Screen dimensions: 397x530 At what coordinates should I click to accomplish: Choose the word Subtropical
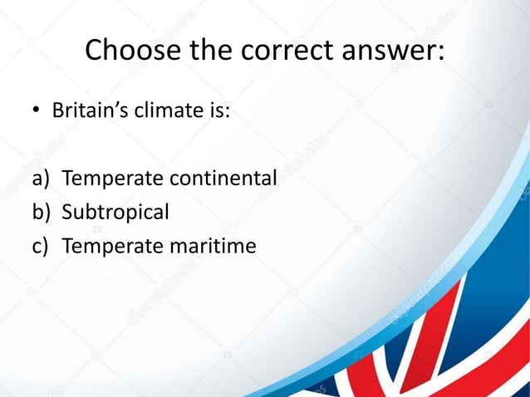click(x=115, y=213)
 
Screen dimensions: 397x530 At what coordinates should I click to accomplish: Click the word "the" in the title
click(x=212, y=51)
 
